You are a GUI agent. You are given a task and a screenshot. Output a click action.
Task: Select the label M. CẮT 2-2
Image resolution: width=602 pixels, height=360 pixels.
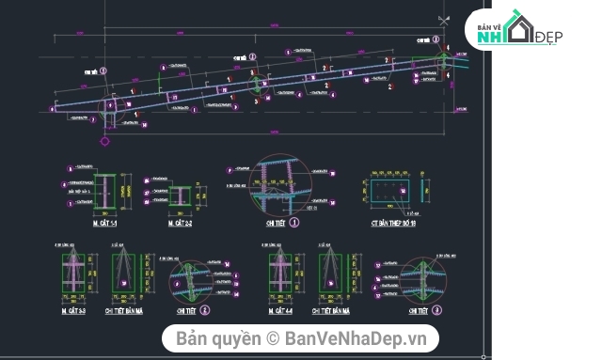180,223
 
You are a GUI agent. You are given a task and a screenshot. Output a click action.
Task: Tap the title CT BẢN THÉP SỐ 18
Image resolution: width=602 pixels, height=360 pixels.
387,223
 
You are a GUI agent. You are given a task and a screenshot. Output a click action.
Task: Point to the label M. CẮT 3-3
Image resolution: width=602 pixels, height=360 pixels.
73,309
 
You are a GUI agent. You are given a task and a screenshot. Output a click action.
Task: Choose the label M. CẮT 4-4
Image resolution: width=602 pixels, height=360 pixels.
280,309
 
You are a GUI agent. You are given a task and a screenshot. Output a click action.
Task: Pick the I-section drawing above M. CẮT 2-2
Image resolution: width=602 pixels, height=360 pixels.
180,195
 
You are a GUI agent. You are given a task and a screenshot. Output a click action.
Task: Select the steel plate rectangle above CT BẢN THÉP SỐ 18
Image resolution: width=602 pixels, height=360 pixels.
386,193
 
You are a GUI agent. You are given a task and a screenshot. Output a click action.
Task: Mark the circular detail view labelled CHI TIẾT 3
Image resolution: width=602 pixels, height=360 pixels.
423,279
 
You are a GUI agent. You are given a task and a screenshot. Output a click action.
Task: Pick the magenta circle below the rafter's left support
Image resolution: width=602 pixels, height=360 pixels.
104,141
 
